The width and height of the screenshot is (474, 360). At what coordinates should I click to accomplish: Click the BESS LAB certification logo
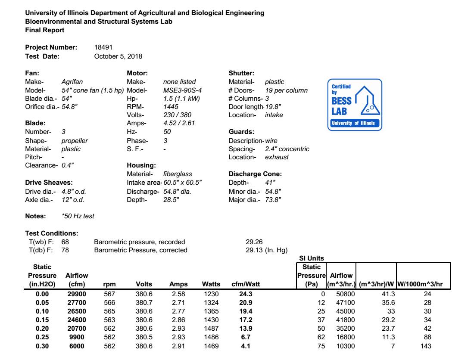355,105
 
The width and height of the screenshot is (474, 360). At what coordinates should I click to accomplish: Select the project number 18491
103,47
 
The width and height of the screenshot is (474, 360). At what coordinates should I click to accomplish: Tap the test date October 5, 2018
118,56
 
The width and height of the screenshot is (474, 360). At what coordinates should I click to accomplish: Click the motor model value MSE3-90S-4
183,90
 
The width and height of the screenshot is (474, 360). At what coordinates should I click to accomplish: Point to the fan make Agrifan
72,82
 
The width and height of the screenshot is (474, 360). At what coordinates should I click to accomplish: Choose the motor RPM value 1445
171,106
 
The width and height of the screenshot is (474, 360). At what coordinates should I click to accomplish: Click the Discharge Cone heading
255,174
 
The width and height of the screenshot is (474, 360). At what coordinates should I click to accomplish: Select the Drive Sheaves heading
49,183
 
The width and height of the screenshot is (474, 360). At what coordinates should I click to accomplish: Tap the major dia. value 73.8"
273,200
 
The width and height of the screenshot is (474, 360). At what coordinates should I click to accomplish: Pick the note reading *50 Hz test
78,216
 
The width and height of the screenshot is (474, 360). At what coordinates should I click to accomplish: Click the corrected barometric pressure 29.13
254,250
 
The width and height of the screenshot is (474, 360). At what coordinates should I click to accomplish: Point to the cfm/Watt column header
246,284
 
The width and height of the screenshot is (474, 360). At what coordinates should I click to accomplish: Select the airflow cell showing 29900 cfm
76,294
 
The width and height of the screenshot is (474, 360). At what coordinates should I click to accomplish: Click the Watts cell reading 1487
211,329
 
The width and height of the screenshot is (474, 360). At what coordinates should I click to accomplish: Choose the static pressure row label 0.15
42,320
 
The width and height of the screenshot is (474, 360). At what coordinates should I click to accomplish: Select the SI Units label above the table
312,258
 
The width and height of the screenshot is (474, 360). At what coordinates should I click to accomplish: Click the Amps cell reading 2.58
178,294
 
